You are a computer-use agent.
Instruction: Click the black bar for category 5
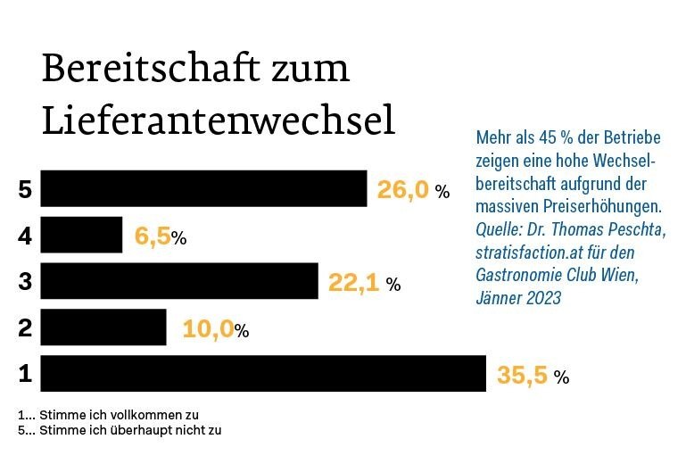(x=203, y=189)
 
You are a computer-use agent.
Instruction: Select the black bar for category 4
(x=81, y=236)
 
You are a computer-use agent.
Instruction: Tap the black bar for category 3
(x=179, y=282)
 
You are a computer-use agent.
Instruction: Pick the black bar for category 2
(x=103, y=327)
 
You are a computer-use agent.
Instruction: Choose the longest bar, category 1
(x=263, y=374)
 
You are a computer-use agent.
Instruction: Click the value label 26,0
(x=402, y=190)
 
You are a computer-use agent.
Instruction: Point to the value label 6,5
(x=152, y=237)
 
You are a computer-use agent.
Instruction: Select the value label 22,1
(x=353, y=283)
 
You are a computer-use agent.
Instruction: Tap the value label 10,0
(x=207, y=329)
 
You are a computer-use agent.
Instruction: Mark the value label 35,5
(x=522, y=376)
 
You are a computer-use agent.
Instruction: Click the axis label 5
(x=25, y=190)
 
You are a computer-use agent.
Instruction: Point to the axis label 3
(x=25, y=283)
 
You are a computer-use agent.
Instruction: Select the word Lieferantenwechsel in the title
(x=218, y=121)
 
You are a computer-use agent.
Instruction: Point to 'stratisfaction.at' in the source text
(x=530, y=253)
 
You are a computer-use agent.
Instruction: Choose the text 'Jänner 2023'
(x=518, y=298)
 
